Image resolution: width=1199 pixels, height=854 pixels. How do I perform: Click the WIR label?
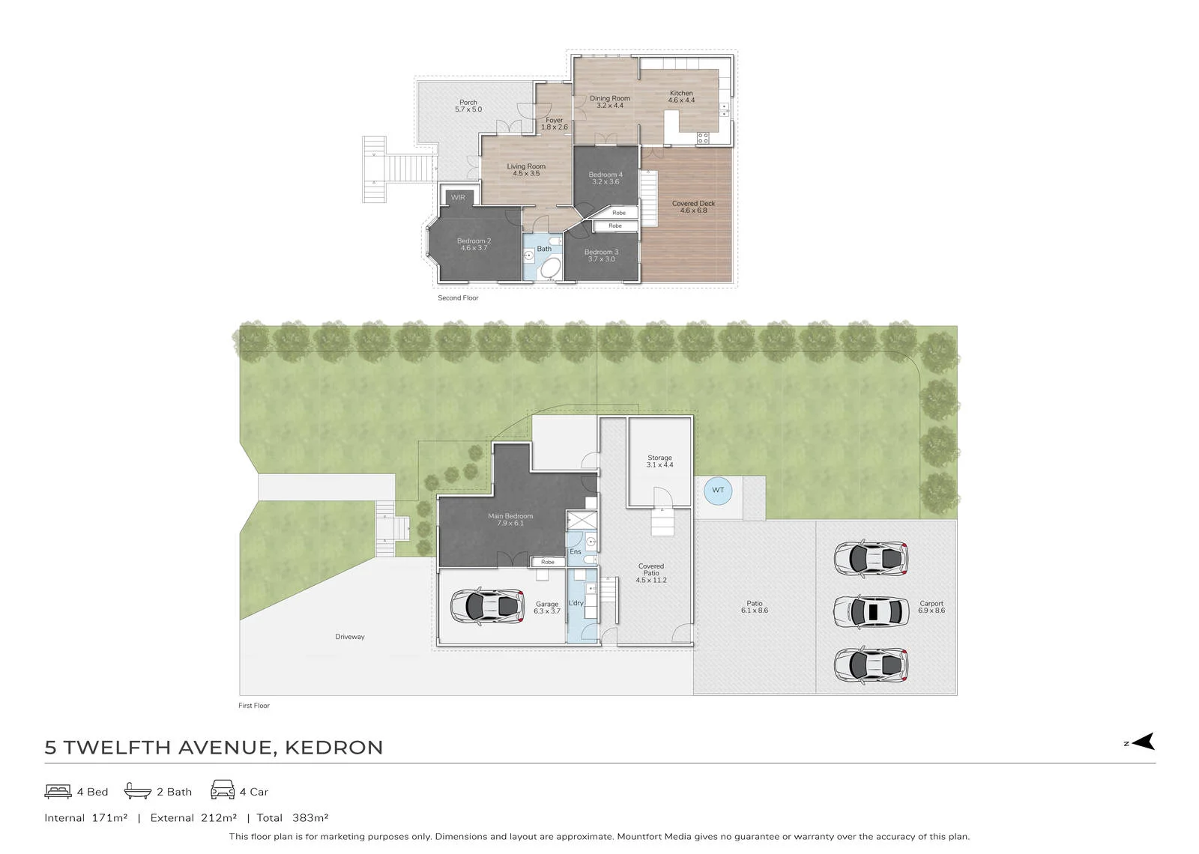pyautogui.click(x=458, y=198)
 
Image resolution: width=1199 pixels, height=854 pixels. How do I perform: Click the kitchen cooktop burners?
pyautogui.click(x=703, y=138)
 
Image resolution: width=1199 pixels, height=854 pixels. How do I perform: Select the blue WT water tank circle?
pyautogui.click(x=718, y=490)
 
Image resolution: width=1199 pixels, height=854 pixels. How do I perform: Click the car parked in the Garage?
pyautogui.click(x=487, y=606)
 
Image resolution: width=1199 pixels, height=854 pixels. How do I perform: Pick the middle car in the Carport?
pyautogui.click(x=871, y=611)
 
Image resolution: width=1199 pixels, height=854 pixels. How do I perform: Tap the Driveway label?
pyautogui.click(x=349, y=637)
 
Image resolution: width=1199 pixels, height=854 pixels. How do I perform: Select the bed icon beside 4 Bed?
pyautogui.click(x=58, y=791)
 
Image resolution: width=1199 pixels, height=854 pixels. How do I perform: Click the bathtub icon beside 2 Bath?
pyautogui.click(x=138, y=791)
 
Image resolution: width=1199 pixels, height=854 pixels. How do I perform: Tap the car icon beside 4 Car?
pyautogui.click(x=222, y=790)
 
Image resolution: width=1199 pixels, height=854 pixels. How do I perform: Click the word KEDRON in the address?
pyautogui.click(x=334, y=748)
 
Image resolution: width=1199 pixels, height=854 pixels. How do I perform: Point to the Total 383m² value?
pyautogui.click(x=293, y=817)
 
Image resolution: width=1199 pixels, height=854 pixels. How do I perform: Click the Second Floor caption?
pyautogui.click(x=458, y=298)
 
